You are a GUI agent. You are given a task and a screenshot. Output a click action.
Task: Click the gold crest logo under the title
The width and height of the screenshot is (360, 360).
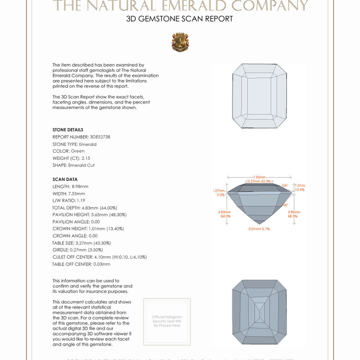click(x=180, y=42)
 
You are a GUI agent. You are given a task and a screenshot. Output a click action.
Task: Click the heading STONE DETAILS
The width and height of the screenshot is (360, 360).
click(x=68, y=130)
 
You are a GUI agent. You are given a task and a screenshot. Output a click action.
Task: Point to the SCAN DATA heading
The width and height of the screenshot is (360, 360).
click(x=65, y=179)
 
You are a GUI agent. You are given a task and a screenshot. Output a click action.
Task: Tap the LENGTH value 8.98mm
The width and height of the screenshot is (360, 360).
click(x=80, y=186)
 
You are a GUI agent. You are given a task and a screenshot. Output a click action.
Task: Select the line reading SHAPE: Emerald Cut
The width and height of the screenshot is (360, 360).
click(x=73, y=165)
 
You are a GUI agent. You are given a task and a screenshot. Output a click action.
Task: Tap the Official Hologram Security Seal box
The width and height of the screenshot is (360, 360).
click(x=167, y=321)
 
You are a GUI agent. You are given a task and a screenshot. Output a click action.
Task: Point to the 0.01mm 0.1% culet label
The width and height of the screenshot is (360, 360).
click(x=259, y=229)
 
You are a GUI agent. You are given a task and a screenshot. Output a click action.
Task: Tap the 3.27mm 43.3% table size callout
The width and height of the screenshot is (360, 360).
click(x=259, y=181)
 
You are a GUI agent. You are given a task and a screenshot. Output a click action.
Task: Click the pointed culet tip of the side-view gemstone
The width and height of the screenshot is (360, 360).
click(x=259, y=223)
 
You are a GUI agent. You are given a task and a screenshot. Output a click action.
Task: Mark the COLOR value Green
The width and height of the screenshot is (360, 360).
click(x=78, y=151)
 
